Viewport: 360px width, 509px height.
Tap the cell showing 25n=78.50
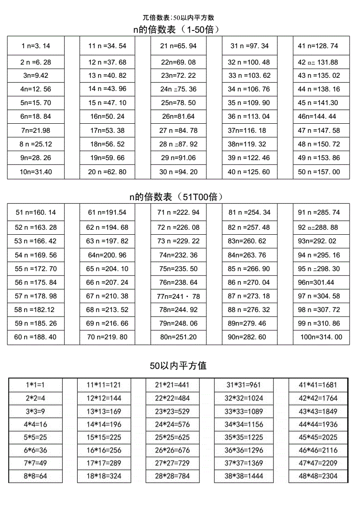[x=179, y=103]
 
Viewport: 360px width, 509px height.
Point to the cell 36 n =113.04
[x=249, y=116]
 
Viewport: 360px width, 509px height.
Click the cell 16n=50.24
[x=107, y=116]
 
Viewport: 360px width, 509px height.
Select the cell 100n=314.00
[x=321, y=337]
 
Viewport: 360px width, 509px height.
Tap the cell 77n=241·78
[x=179, y=296]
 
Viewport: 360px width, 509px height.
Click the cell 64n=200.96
[x=107, y=255]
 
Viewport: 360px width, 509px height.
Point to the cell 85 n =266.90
[x=249, y=269]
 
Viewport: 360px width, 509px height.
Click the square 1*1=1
[x=35, y=385]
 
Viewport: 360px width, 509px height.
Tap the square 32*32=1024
[x=243, y=398]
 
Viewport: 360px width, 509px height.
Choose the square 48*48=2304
[x=318, y=477]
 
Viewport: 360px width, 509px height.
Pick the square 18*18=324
[x=104, y=477]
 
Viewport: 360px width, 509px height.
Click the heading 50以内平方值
[x=179, y=366]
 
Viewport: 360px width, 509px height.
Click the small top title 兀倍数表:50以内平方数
[x=178, y=18]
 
